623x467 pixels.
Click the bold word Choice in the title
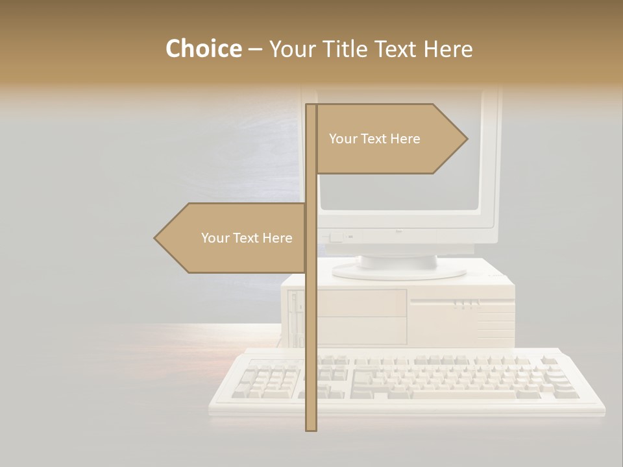(x=203, y=49)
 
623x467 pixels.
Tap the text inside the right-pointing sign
(x=374, y=139)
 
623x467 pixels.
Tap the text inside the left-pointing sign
(x=247, y=238)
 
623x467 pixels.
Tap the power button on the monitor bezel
(x=335, y=237)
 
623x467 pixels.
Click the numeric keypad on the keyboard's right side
(x=558, y=379)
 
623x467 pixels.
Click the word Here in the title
(x=447, y=49)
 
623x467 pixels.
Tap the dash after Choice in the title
(x=255, y=50)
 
